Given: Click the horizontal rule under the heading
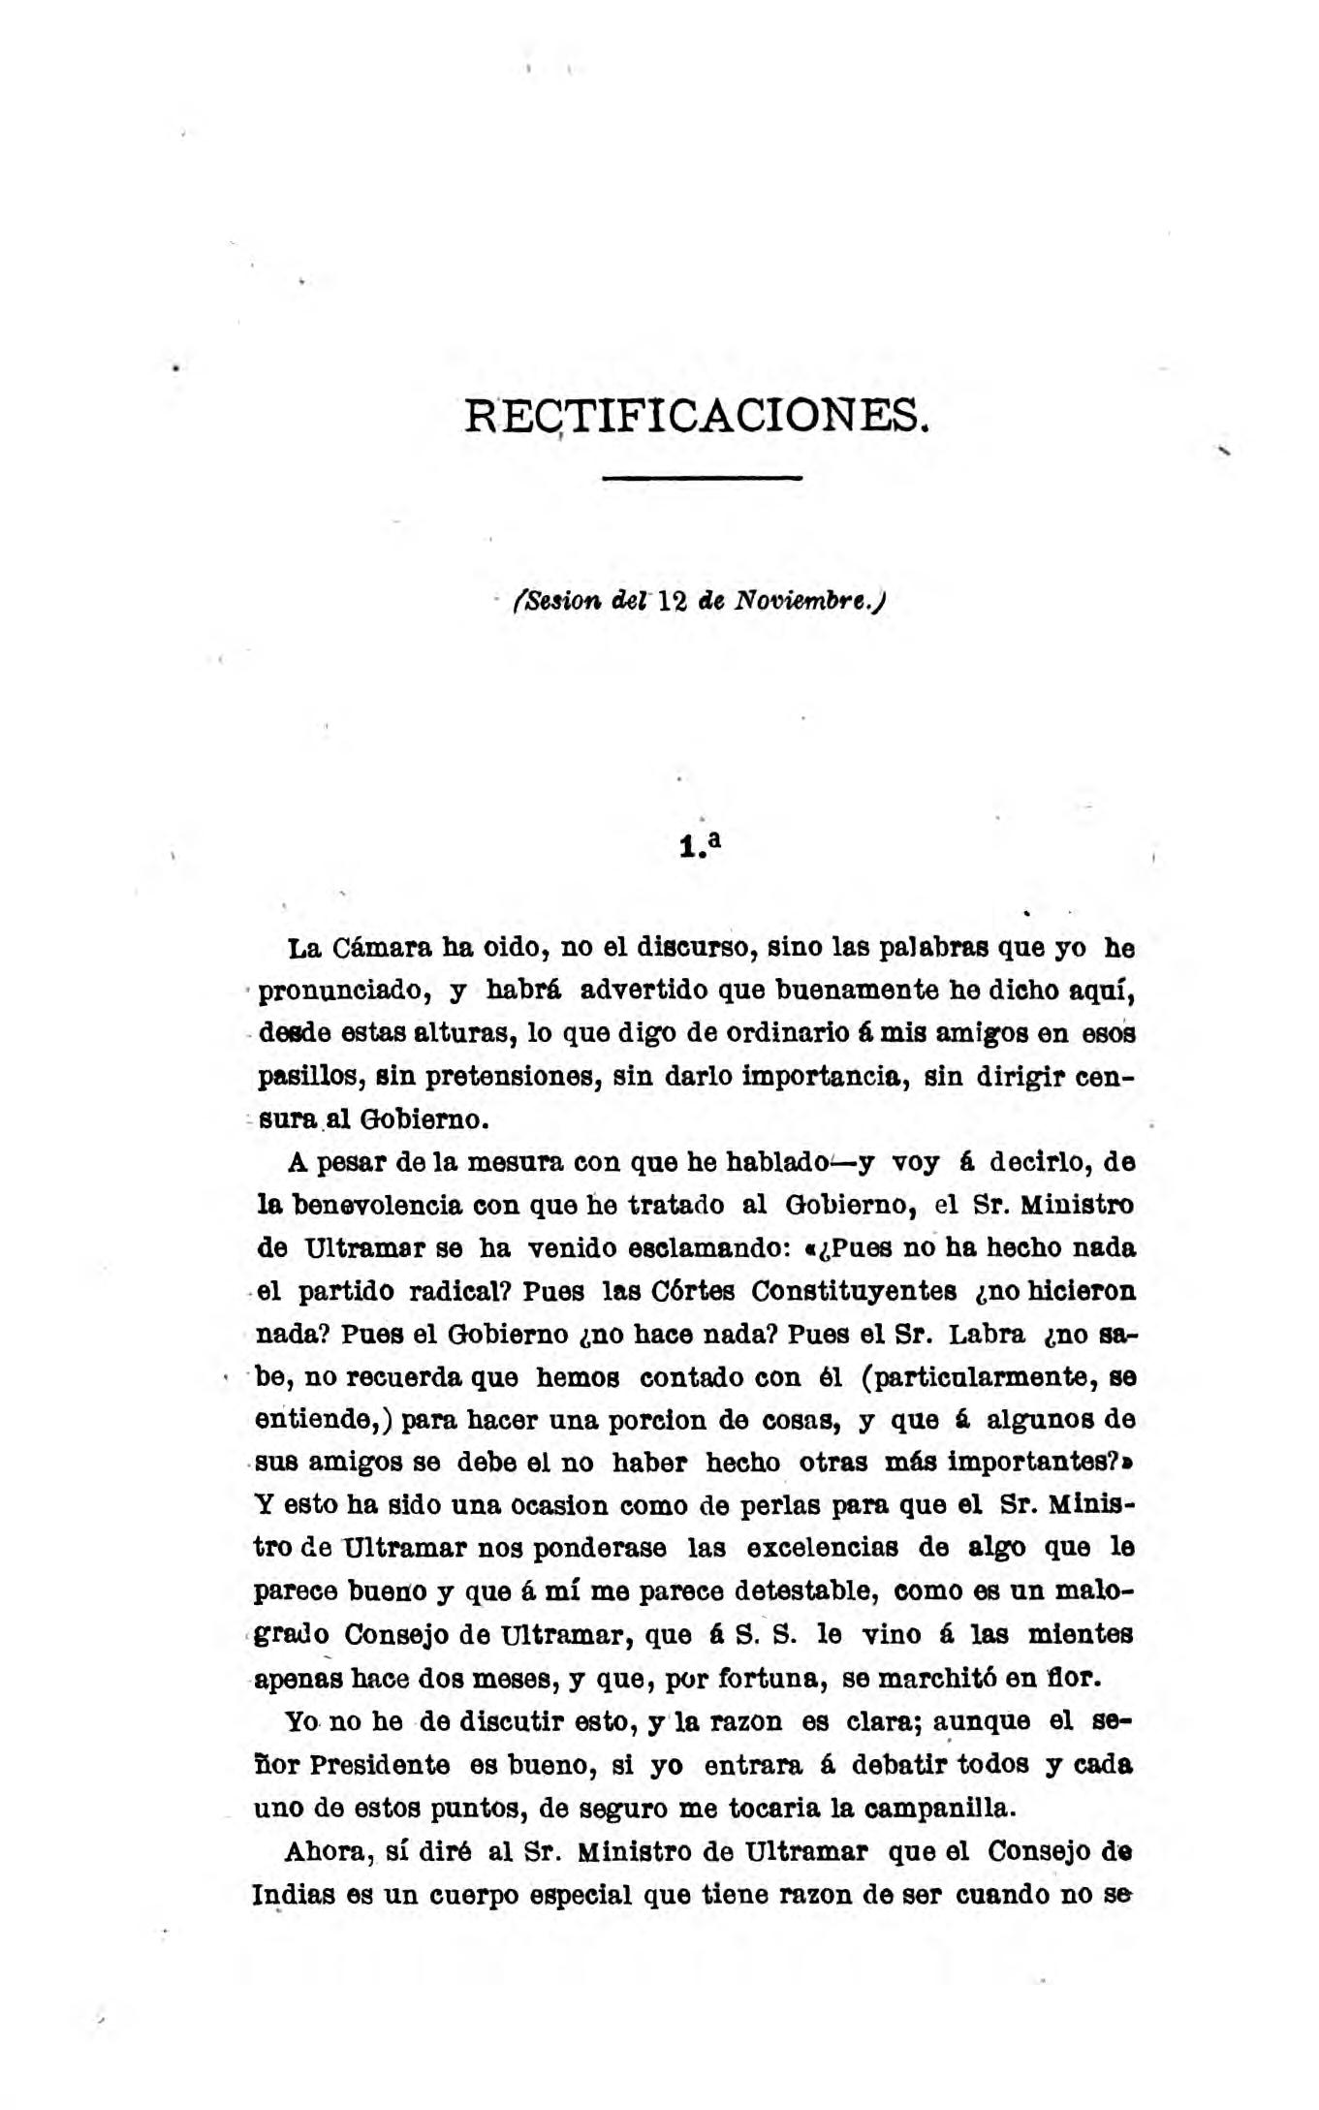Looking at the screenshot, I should (703, 478).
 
